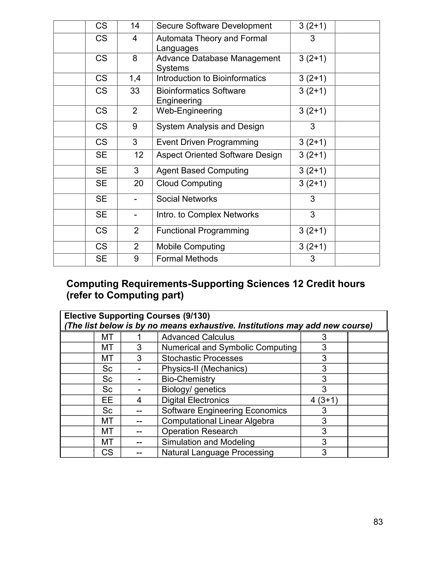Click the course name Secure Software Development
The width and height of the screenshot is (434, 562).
click(x=214, y=26)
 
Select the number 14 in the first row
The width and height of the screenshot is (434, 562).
click(x=135, y=26)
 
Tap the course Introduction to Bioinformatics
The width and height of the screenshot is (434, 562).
click(x=211, y=78)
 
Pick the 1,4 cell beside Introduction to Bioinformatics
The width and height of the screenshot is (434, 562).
click(x=135, y=78)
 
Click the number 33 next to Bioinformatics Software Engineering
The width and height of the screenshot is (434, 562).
click(x=135, y=91)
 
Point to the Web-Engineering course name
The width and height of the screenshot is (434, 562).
click(x=189, y=111)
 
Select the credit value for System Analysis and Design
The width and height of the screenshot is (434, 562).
click(x=312, y=127)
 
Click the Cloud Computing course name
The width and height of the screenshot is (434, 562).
click(x=189, y=183)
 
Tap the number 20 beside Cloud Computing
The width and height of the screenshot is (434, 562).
click(x=138, y=183)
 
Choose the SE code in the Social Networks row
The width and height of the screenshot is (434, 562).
click(x=101, y=199)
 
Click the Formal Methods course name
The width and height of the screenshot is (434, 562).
click(x=187, y=259)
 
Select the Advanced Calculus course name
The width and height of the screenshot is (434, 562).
click(x=198, y=337)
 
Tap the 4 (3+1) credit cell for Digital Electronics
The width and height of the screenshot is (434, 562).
click(x=324, y=400)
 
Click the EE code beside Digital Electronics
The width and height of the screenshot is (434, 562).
click(x=107, y=400)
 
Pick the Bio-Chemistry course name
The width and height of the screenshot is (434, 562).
click(x=188, y=379)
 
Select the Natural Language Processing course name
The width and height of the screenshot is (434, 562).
click(x=217, y=452)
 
